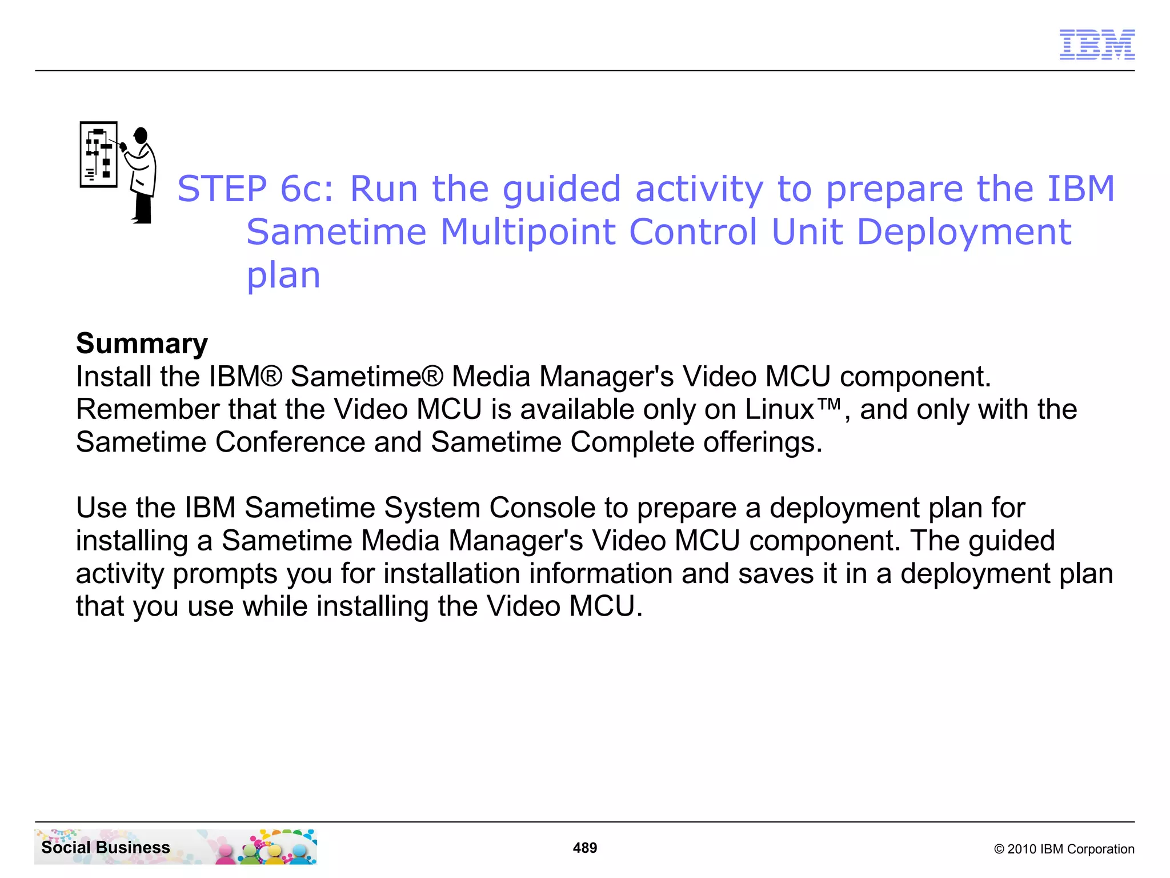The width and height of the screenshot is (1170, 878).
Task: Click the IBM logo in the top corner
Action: (1097, 45)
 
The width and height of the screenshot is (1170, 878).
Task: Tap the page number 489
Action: (585, 848)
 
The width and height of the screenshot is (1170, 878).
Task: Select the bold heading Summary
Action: (142, 344)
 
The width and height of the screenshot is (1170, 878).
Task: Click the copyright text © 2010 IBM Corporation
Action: (1064, 849)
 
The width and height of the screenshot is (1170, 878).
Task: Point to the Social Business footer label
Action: (106, 847)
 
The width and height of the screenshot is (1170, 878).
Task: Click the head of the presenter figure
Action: (141, 135)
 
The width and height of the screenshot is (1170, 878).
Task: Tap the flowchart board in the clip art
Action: (99, 154)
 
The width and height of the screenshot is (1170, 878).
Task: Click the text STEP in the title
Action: (222, 189)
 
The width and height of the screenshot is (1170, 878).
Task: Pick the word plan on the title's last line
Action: (283, 276)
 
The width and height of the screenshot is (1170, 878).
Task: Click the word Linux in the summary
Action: (779, 409)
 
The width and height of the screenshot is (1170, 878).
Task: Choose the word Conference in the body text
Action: (290, 442)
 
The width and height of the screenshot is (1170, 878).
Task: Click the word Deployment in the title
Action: (964, 232)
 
